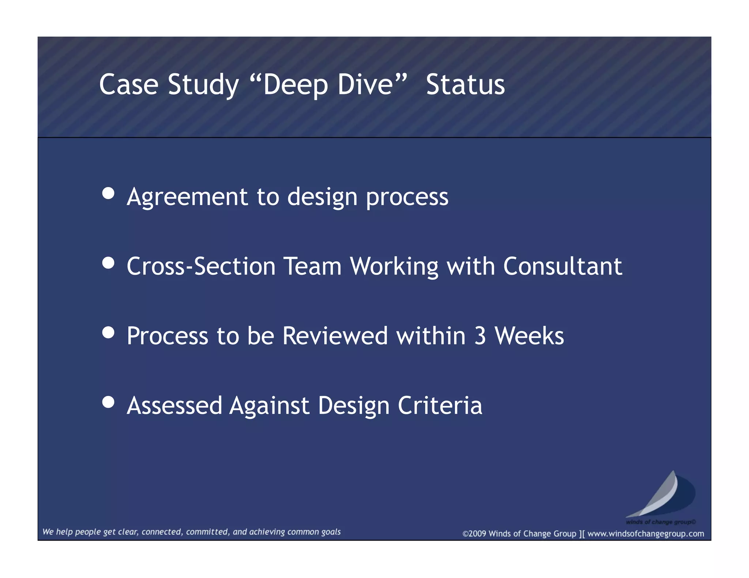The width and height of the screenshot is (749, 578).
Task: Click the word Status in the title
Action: pyautogui.click(x=465, y=85)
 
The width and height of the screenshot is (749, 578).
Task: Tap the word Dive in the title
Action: pyautogui.click(x=365, y=85)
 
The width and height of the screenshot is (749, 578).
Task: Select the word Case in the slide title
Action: pyautogui.click(x=129, y=85)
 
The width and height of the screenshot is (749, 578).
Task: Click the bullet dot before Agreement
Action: pyautogui.click(x=108, y=193)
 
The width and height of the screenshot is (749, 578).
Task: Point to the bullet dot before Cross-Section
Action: pyautogui.click(x=108, y=263)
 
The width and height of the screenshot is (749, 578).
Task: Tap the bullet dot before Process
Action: pyautogui.click(x=108, y=332)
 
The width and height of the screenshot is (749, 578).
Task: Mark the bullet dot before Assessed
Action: pyautogui.click(x=108, y=402)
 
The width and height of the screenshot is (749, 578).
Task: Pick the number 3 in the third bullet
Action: pyautogui.click(x=480, y=336)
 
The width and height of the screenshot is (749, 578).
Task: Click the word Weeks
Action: pyautogui.click(x=529, y=336)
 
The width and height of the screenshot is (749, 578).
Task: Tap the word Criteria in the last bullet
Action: pyautogui.click(x=440, y=406)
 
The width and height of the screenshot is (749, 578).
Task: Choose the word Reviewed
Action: pyautogui.click(x=335, y=336)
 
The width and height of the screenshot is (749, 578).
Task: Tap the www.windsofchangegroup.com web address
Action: pyautogui.click(x=646, y=534)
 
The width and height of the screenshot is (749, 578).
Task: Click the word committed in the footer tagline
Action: pyautogui.click(x=208, y=532)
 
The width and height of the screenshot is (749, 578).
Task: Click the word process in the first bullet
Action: pyautogui.click(x=407, y=197)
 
